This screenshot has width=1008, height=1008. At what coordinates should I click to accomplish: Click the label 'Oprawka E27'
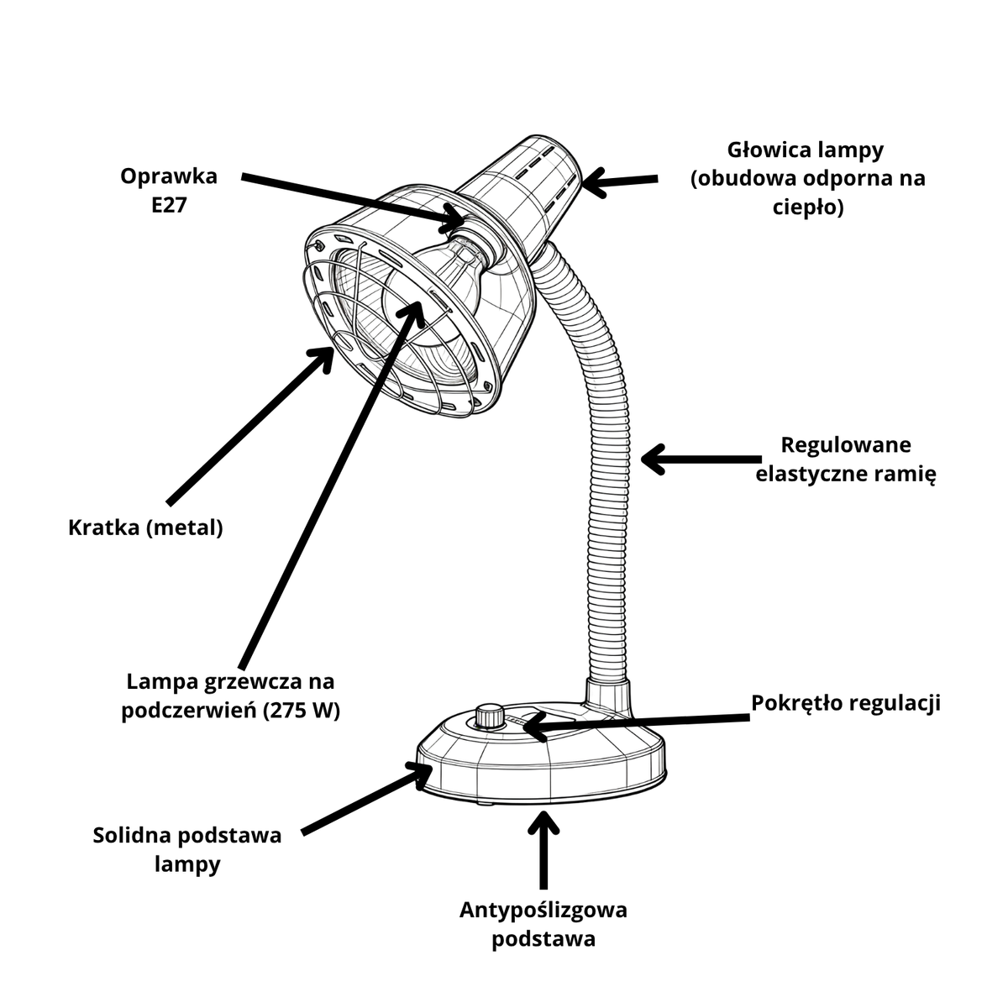[x=169, y=191]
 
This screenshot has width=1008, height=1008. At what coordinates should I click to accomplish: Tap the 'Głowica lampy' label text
[x=805, y=150]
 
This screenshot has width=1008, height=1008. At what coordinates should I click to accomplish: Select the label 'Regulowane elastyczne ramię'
[x=845, y=459]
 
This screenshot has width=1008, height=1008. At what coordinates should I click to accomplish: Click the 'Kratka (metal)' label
[x=145, y=528]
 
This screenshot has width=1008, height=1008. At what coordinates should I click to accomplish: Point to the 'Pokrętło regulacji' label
[x=846, y=702]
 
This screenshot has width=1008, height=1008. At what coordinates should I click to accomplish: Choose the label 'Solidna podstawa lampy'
[x=187, y=849]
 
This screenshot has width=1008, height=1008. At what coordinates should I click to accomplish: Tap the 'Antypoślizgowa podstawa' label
[x=543, y=924]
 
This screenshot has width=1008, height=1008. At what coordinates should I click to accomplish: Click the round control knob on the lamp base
[x=490, y=716]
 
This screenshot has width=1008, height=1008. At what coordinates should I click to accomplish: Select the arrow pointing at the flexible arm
[x=701, y=459]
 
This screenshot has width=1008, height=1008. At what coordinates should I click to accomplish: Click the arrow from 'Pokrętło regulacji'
[x=636, y=723]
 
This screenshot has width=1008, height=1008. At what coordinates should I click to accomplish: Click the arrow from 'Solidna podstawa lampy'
[x=367, y=798]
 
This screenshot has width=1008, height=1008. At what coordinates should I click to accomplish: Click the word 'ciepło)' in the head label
[x=807, y=207]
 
